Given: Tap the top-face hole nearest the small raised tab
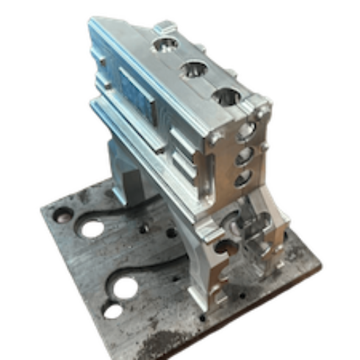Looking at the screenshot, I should [163, 46].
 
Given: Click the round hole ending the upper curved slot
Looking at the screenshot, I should [92, 228].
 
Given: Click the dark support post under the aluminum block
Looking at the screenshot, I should [132, 184].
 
